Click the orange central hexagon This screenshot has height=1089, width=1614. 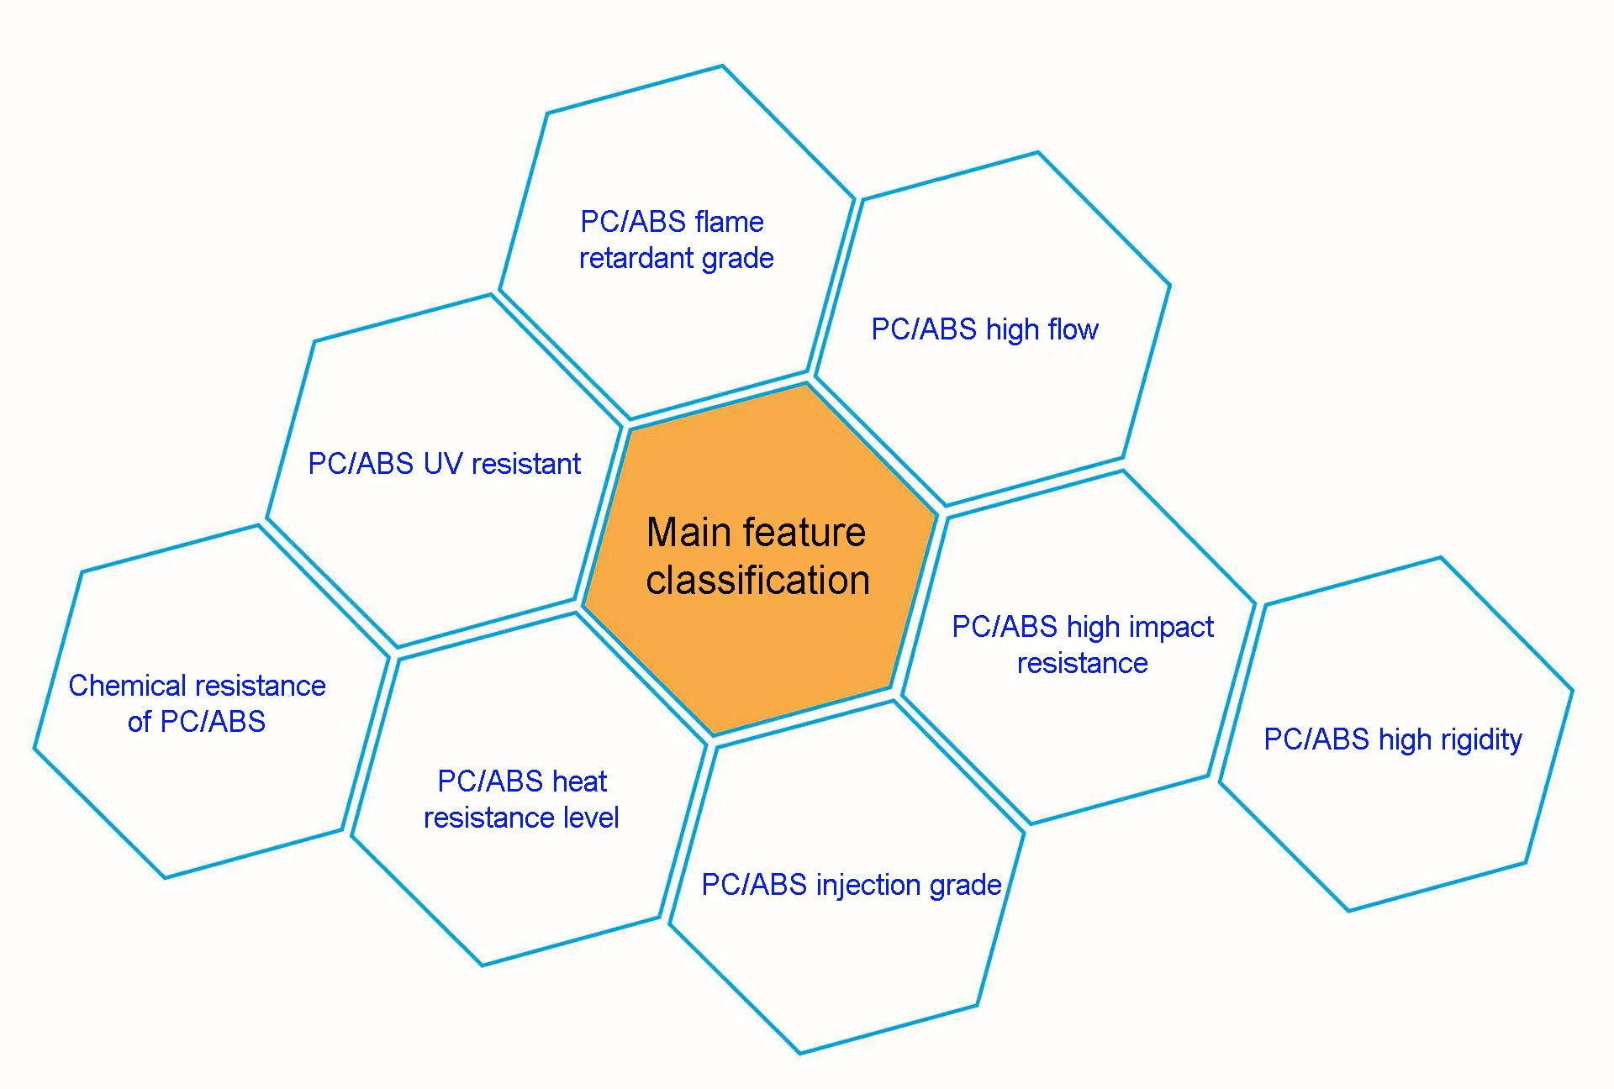pos(760,559)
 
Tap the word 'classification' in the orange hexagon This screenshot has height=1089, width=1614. pos(757,580)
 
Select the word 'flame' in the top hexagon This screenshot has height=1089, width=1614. pos(729,222)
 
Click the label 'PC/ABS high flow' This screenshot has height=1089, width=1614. pos(984,329)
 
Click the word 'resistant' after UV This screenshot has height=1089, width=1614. pos(526,464)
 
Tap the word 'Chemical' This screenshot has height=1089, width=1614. pos(127,686)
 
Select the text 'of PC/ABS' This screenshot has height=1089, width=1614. pos(197,722)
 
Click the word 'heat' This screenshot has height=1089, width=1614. pos(579,781)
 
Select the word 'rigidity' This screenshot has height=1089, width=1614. pos(1481,740)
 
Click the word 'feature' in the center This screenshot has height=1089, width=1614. pos(804,532)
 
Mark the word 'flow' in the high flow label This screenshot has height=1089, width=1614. pos(1073,329)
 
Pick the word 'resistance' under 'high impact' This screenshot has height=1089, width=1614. pos(1083,664)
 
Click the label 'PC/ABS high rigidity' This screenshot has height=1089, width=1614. pos(1393,740)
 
